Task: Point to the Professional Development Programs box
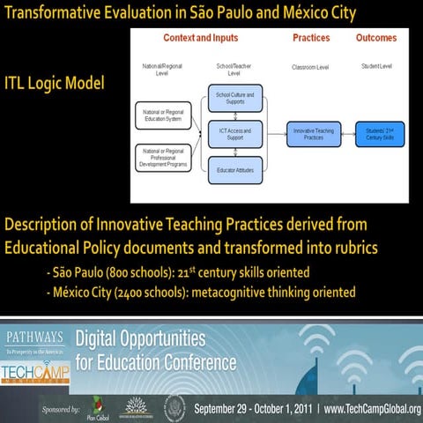(x=164, y=157)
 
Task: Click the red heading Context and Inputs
(x=200, y=39)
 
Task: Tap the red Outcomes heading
(x=375, y=39)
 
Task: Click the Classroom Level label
(x=310, y=67)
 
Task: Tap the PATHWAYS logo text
(x=36, y=337)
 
